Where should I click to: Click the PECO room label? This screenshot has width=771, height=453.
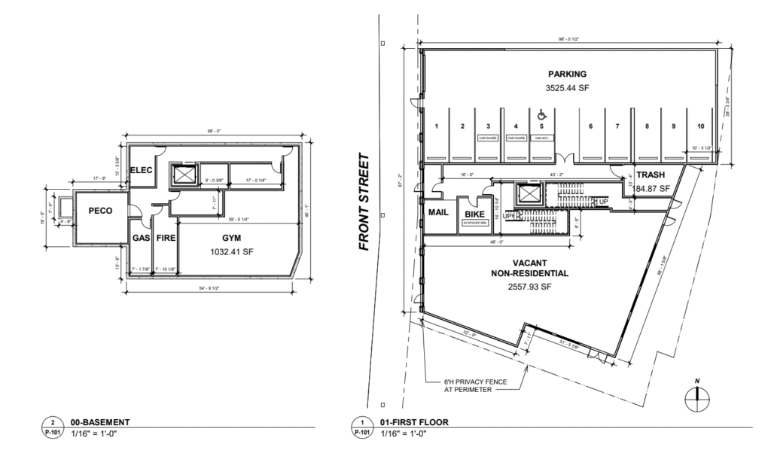100,211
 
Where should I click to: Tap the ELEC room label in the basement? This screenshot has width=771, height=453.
142,170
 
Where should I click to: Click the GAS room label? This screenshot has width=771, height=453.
141,237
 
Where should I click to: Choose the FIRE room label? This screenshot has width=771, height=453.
166,237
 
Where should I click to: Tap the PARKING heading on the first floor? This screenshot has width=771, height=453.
567,74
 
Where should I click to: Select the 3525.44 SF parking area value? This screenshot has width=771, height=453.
567,88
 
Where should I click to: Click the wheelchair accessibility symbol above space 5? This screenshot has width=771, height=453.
541,116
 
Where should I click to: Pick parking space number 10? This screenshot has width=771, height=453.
700,126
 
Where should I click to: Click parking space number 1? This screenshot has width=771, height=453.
436,126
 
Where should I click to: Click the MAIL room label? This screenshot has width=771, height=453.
438,213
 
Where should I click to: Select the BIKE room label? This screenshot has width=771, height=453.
474,214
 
